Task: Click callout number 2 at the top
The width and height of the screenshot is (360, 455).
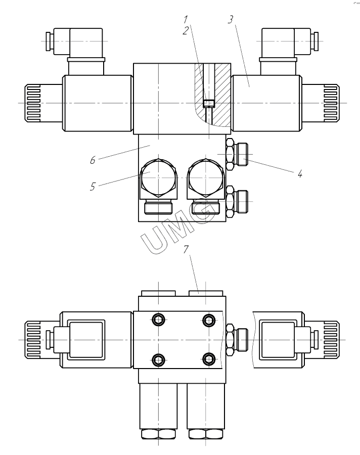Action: click(x=187, y=30)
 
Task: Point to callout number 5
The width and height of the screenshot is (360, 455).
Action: click(x=93, y=186)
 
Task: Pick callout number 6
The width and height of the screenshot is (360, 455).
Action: click(x=93, y=161)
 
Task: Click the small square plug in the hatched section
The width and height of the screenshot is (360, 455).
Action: click(x=208, y=104)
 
